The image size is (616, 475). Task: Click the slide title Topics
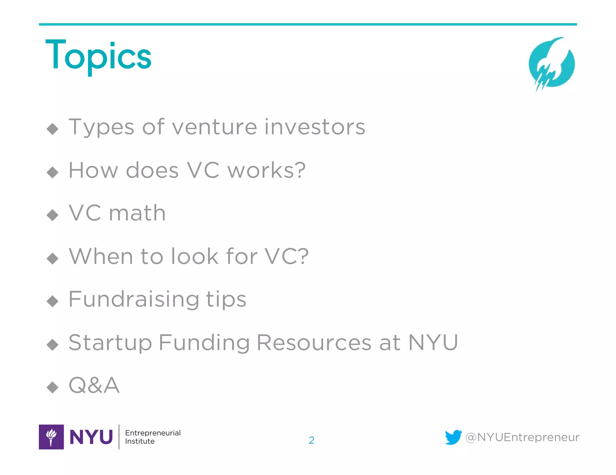98,56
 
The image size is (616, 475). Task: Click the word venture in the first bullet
214,127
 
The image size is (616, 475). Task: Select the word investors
315,127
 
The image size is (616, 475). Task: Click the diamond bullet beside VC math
53,215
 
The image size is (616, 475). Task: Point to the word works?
266,170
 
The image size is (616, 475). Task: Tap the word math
137,213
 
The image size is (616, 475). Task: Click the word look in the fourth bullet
195,256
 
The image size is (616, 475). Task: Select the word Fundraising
134,300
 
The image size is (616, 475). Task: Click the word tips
226,300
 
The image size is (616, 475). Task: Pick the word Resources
314,343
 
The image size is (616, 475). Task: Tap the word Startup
110,343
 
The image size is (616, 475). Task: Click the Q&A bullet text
94,386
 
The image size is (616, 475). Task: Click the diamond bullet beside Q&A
53,387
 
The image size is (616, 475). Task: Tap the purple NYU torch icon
51,437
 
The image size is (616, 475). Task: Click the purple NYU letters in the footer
91,437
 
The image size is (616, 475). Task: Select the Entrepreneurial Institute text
152,437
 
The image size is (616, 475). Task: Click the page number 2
312,440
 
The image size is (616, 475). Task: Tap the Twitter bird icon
453,437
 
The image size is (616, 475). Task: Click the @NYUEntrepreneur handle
522,437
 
